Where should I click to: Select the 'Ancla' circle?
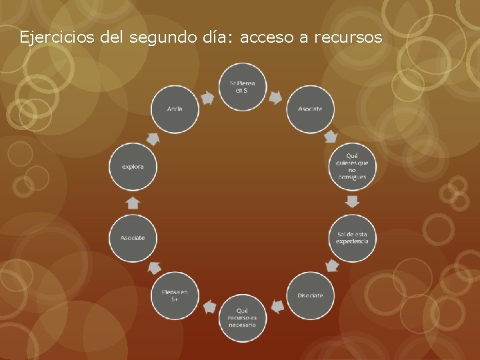175,108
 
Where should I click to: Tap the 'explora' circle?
133,166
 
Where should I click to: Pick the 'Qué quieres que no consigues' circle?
353,166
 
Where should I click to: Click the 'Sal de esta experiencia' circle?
353,237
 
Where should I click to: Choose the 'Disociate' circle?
311,295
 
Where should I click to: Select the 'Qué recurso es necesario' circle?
241,317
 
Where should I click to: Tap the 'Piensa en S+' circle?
175,295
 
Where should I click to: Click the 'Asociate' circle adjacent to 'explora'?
133,237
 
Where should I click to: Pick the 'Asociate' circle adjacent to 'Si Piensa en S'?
311,108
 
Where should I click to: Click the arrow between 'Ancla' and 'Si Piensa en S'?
207,98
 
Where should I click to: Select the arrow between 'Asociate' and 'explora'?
133,202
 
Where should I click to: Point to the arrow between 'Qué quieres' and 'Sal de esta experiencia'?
353,201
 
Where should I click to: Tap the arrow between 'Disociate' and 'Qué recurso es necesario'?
277,307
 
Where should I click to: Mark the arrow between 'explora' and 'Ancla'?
153,139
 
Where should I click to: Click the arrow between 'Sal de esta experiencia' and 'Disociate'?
332,266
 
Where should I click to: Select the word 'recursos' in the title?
347,37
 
